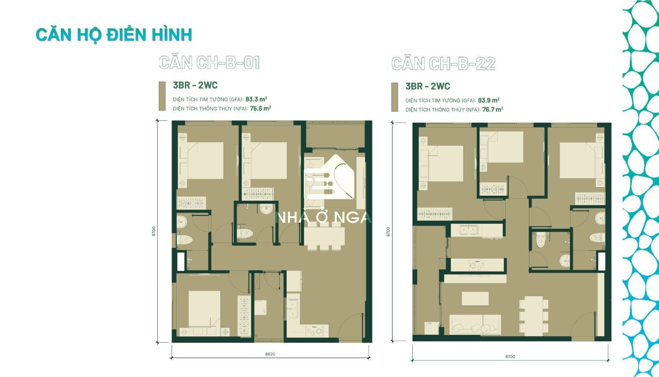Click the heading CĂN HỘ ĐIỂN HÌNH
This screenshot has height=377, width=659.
point(114,35)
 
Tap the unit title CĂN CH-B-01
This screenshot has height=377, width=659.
point(209,63)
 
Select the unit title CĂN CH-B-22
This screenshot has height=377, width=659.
point(443,64)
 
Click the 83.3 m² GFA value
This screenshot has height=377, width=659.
point(256,99)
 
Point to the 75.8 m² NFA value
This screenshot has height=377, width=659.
point(260,108)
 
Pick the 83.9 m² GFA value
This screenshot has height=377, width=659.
point(489,100)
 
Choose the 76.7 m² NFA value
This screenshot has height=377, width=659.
point(493,109)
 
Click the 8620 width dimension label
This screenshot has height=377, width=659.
point(270,354)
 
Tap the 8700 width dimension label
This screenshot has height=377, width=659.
point(510,356)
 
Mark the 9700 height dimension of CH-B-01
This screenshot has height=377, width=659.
point(154,231)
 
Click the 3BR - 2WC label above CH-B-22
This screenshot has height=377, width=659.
point(428,86)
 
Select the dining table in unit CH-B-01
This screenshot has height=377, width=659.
point(324,236)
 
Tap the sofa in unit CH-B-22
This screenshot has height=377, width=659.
point(475,324)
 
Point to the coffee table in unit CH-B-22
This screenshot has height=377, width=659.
point(475,298)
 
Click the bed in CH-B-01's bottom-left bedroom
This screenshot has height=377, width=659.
point(205,309)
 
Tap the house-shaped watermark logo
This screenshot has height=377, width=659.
point(329,177)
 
